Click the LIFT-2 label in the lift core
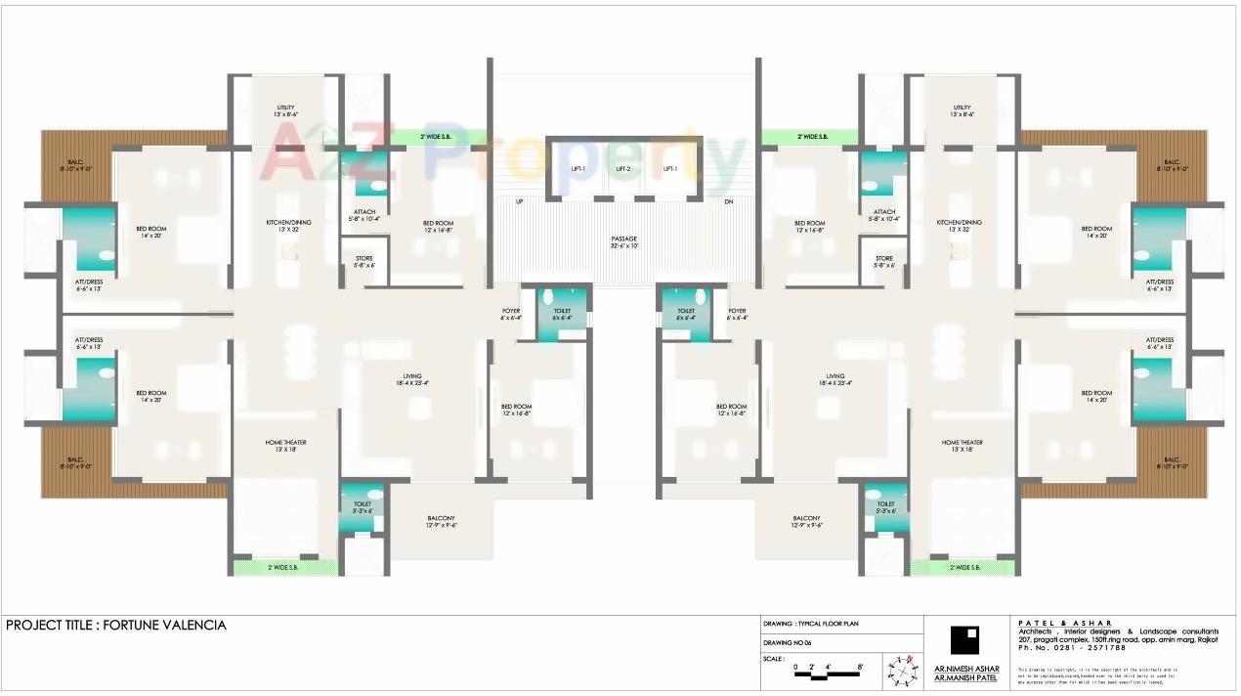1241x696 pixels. (x=623, y=169)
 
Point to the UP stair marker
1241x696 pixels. (x=519, y=202)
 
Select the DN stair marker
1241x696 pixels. (x=728, y=202)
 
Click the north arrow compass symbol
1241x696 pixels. (x=901, y=669)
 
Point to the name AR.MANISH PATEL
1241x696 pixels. (x=966, y=677)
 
